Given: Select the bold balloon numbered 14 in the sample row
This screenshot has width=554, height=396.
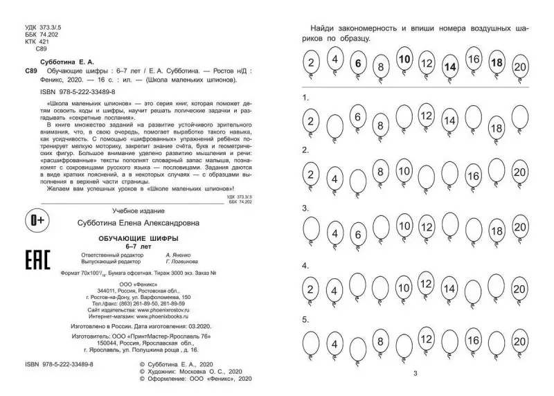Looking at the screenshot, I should click(x=450, y=66).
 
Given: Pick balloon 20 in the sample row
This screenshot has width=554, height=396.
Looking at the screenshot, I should click(x=520, y=66).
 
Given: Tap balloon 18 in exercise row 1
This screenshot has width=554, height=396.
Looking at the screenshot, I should click(x=496, y=127).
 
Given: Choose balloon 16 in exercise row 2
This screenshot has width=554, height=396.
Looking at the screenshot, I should click(x=474, y=176).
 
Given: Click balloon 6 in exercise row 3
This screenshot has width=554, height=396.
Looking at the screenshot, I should click(x=357, y=234).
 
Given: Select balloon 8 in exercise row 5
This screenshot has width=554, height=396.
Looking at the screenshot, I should click(x=380, y=341).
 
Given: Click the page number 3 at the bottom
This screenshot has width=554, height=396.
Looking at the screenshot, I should click(x=414, y=374).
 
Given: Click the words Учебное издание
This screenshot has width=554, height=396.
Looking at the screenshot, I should click(x=121, y=210).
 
